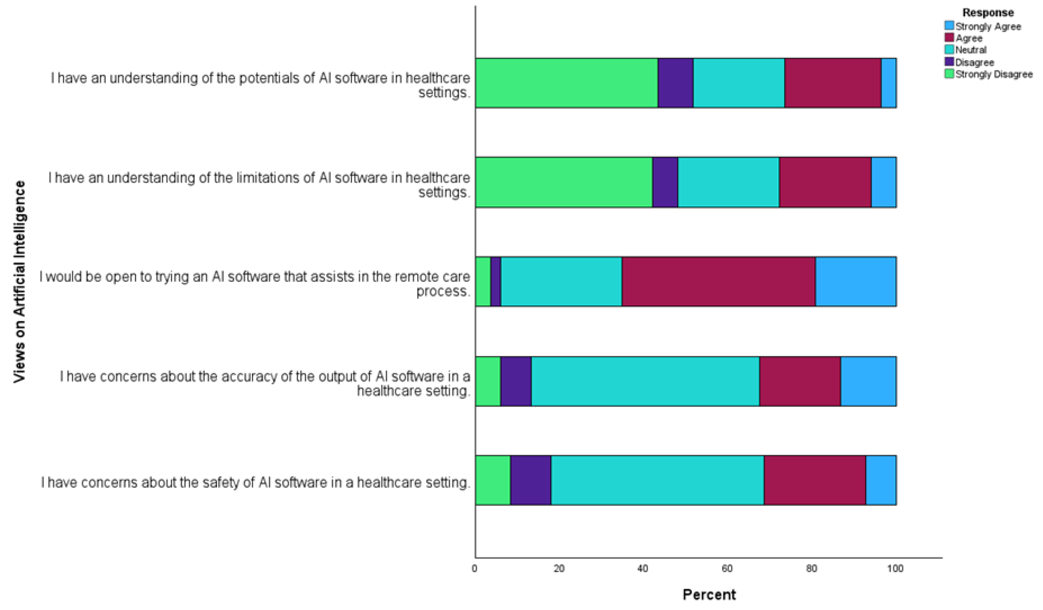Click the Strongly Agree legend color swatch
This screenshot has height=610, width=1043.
click(949, 26)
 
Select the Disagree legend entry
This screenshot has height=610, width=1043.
click(974, 62)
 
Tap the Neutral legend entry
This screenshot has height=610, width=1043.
click(970, 50)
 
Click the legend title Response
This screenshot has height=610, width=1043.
click(988, 12)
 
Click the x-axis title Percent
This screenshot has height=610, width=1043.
click(709, 595)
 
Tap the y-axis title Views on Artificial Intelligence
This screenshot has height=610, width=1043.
click(19, 282)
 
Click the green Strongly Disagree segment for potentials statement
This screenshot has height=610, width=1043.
click(566, 83)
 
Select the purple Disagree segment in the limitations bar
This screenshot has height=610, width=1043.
click(665, 182)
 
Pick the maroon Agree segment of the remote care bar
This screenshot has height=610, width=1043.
click(718, 282)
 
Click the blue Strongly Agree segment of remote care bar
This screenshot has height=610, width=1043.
click(856, 282)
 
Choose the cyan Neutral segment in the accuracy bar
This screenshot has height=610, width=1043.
click(645, 381)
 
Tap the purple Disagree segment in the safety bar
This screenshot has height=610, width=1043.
click(531, 480)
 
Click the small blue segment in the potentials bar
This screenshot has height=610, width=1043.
click(889, 83)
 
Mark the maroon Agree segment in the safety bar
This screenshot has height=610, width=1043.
click(815, 480)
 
